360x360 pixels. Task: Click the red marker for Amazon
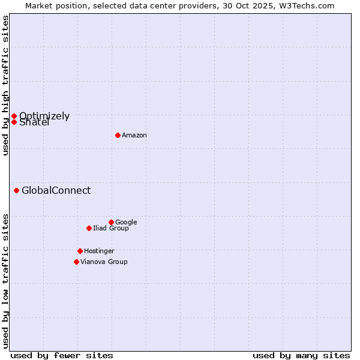(118, 135)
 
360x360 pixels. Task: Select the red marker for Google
(111, 222)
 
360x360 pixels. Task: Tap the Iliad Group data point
(89, 228)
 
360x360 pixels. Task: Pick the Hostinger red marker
(80, 251)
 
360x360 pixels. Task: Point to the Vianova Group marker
(76, 262)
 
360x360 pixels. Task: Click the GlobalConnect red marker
(16, 191)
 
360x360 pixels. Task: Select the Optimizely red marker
(14, 116)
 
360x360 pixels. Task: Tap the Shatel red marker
(14, 122)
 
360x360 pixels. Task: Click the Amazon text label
(134, 136)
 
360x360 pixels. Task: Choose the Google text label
(126, 222)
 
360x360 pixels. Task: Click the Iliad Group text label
(111, 228)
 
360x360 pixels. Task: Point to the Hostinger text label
(99, 251)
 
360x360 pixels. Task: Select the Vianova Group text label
(104, 262)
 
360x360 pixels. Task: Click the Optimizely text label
(44, 116)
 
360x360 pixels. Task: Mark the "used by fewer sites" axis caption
(62, 355)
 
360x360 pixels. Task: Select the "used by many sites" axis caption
(301, 355)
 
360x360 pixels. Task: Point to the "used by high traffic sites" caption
(5, 85)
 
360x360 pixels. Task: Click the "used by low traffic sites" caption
(5, 280)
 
